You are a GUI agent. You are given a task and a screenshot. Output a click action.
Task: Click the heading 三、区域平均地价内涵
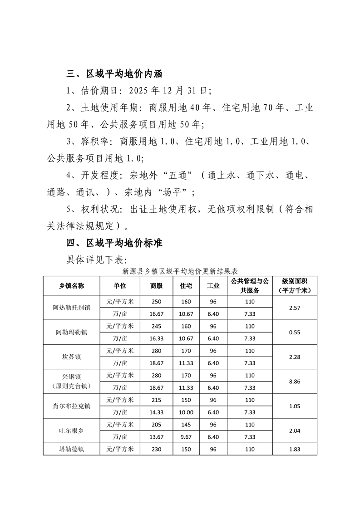pyautogui.click(x=114, y=73)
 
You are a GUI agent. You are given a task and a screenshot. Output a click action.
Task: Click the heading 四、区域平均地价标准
pyautogui.click(x=114, y=243)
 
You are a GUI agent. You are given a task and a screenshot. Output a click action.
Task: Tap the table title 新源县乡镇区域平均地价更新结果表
pyautogui.click(x=180, y=271)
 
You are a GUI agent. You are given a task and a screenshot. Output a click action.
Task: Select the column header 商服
pyautogui.click(x=156, y=286)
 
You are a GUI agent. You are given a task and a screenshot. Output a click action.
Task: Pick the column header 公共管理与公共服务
pyautogui.click(x=249, y=286)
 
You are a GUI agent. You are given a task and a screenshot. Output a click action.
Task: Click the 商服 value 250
pyautogui.click(x=156, y=301)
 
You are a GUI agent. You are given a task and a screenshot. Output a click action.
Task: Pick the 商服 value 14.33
pyautogui.click(x=156, y=412)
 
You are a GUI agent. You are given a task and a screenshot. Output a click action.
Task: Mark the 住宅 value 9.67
pyautogui.click(x=186, y=437)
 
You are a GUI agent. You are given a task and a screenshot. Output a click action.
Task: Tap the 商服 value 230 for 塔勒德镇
pyautogui.click(x=156, y=449)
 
